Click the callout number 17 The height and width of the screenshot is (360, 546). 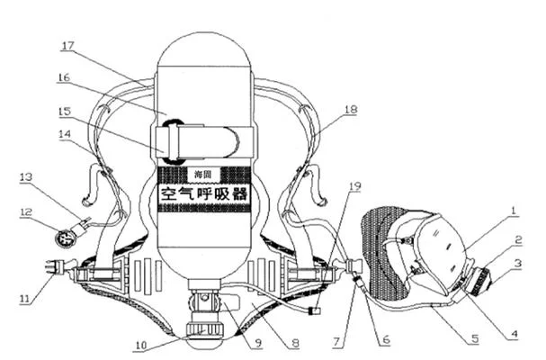point(67,46)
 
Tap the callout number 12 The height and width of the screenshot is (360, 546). point(26,211)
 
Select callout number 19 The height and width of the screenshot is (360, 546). point(354,186)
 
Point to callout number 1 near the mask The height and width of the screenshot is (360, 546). point(513,211)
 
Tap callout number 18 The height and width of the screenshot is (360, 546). point(351,110)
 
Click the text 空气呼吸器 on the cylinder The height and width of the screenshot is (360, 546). point(204,193)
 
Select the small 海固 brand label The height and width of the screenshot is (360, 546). point(203,174)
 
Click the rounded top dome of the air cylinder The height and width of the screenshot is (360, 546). point(204,49)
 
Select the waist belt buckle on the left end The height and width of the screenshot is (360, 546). point(53,267)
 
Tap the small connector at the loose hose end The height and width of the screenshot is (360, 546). point(315,310)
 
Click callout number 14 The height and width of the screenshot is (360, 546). point(65,134)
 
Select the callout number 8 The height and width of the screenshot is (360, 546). point(295,343)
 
